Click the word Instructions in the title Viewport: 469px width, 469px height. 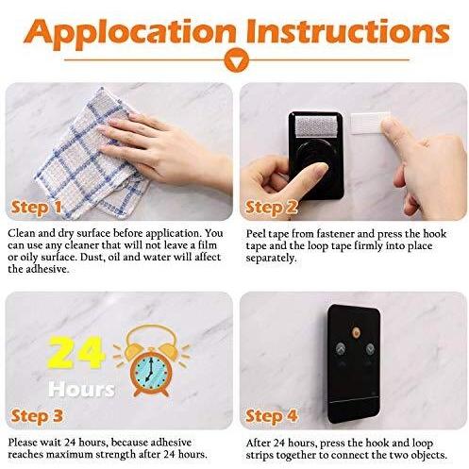click(348, 31)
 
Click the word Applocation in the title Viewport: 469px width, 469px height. click(129, 34)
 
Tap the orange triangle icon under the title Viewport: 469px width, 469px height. click(237, 60)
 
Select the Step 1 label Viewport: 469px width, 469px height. click(37, 208)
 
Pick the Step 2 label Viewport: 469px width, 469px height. click(271, 208)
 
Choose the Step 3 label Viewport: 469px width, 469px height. click(37, 416)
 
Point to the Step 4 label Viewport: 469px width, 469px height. click(271, 416)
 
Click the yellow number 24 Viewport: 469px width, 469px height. click(75, 353)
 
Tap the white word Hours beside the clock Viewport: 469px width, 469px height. click(81, 390)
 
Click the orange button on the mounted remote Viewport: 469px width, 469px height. click(356, 332)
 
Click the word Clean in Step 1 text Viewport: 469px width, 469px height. click(22, 233)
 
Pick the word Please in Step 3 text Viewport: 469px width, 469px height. click(25, 443)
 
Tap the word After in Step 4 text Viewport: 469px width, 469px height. click(258, 443)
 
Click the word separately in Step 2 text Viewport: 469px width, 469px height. click(271, 259)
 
